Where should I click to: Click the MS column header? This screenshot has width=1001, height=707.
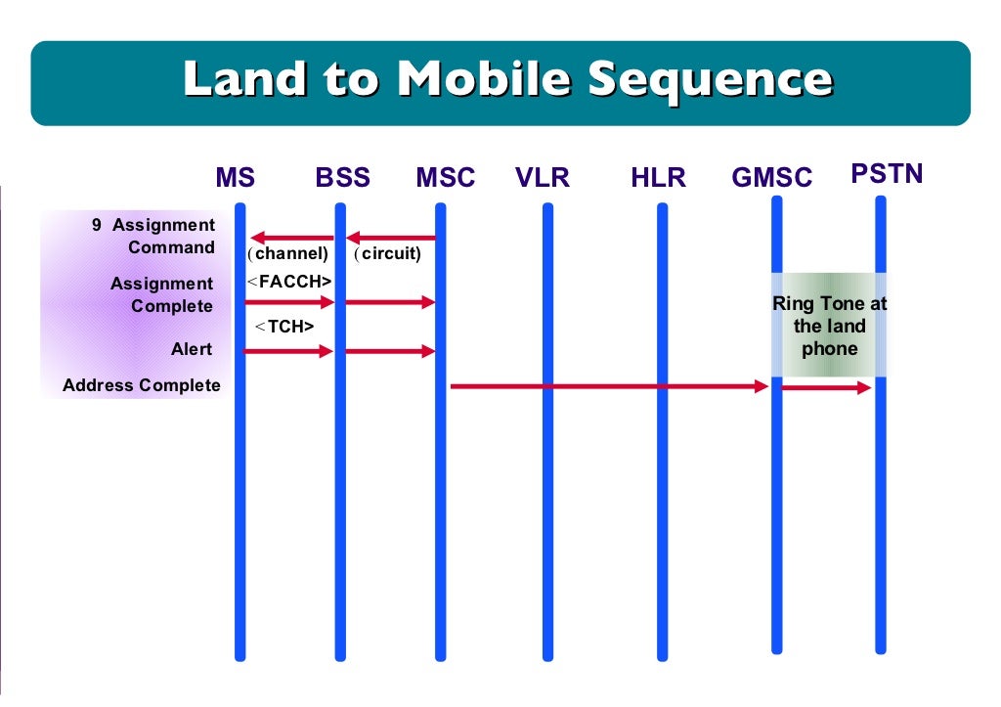(235, 178)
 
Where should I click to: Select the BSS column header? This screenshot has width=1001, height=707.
(342, 178)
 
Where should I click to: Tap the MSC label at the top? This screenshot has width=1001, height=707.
(445, 178)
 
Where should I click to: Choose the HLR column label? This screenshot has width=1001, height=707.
(658, 178)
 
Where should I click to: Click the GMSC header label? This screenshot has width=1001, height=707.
(771, 178)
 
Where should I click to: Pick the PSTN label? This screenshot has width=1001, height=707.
(887, 174)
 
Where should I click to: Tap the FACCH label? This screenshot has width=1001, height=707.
(289, 282)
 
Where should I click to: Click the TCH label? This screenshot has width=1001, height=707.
(285, 327)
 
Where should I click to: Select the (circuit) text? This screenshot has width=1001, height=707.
(388, 254)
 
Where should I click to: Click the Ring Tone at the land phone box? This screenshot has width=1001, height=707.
(829, 326)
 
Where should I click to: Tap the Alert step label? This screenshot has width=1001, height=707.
(192, 349)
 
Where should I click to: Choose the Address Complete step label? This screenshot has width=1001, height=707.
(142, 385)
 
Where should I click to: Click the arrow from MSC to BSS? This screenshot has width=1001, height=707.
(391, 237)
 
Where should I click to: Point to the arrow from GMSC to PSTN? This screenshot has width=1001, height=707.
(826, 388)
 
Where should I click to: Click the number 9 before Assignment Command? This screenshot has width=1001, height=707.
(97, 225)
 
